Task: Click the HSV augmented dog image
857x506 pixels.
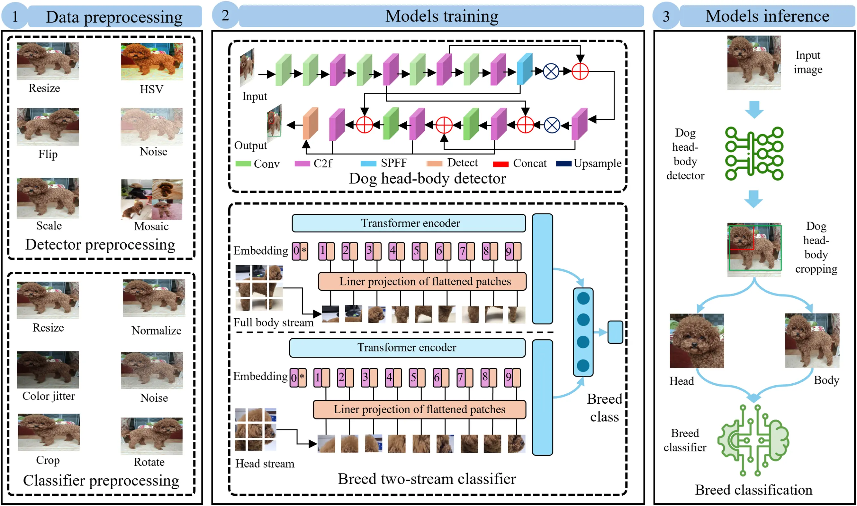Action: pyautogui.click(x=152, y=61)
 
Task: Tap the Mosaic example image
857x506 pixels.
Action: pyautogui.click(x=152, y=200)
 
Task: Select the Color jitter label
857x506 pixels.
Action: pyautogui.click(x=48, y=396)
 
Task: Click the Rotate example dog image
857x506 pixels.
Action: pyautogui.click(x=152, y=436)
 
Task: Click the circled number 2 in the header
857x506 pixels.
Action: pyautogui.click(x=225, y=15)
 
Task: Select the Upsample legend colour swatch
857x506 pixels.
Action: pyautogui.click(x=564, y=164)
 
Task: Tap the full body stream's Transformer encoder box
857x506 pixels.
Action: pyautogui.click(x=409, y=223)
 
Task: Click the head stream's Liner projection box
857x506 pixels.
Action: pyautogui.click(x=419, y=409)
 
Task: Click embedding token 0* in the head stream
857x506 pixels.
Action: pyautogui.click(x=298, y=378)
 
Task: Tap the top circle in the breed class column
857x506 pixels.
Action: pyautogui.click(x=583, y=299)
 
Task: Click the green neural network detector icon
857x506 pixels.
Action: pyautogui.click(x=754, y=154)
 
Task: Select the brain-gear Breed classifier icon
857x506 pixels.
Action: pyautogui.click(x=753, y=441)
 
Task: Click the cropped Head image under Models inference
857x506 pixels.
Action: pyautogui.click(x=697, y=341)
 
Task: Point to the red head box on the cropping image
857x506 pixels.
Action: pyautogui.click(x=742, y=238)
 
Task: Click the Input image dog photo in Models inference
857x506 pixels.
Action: pyautogui.click(x=754, y=63)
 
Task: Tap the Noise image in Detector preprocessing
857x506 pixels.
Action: pyautogui.click(x=152, y=126)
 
